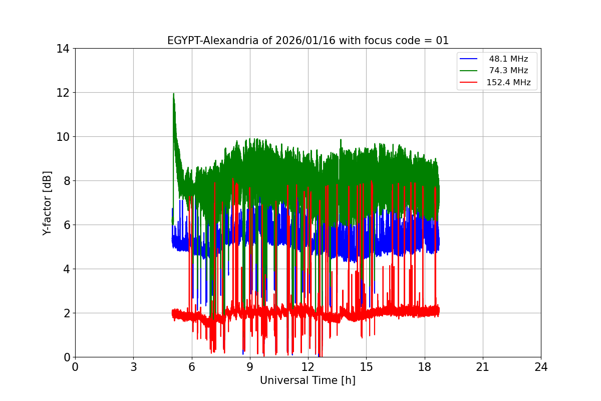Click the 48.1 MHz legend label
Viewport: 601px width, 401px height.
[x=508, y=59]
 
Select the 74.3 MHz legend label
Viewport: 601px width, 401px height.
[x=508, y=71]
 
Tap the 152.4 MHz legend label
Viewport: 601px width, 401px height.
[x=508, y=83]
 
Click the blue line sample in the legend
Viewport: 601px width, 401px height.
[x=469, y=59]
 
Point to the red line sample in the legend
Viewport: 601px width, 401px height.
[x=469, y=83]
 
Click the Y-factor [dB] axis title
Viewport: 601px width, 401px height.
[x=47, y=203]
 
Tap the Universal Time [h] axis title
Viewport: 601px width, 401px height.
[x=308, y=380]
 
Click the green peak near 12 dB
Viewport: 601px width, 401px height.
[x=173, y=94]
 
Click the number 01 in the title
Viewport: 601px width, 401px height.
[x=442, y=41]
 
